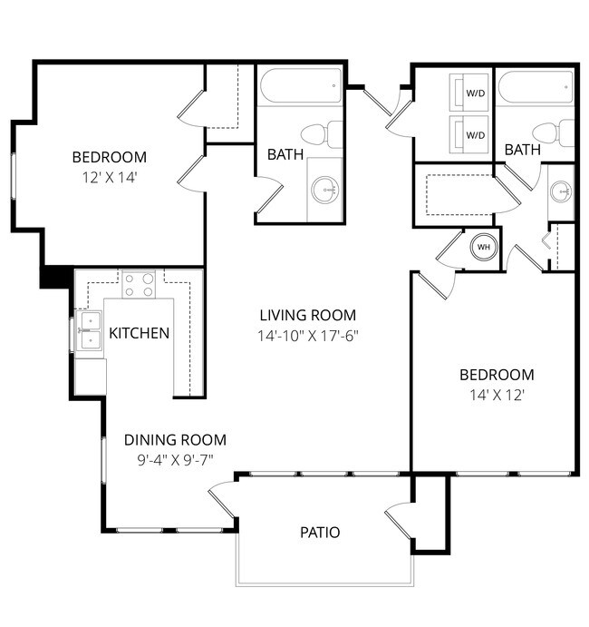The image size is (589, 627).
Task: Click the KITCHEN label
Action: pyautogui.click(x=139, y=333)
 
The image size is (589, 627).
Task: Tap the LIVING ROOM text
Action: pyautogui.click(x=307, y=316)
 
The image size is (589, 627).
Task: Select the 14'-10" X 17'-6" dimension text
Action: pyautogui.click(x=307, y=335)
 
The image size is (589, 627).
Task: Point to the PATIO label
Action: pyautogui.click(x=320, y=533)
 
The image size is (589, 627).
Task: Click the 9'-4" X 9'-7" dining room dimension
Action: pyautogui.click(x=175, y=459)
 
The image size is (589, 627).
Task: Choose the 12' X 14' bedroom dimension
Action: pyautogui.click(x=109, y=177)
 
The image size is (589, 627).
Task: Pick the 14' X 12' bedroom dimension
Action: pyautogui.click(x=496, y=395)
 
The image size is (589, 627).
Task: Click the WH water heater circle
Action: pyautogui.click(x=483, y=247)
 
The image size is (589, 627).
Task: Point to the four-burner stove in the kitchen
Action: pyautogui.click(x=140, y=286)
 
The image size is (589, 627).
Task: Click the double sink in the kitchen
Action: pyautogui.click(x=89, y=330)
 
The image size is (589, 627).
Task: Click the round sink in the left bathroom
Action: pyautogui.click(x=324, y=190)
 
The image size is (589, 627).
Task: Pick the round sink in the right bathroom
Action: pyautogui.click(x=561, y=191)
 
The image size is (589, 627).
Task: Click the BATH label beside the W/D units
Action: pyautogui.click(x=522, y=150)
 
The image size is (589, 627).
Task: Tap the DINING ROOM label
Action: pyautogui.click(x=175, y=440)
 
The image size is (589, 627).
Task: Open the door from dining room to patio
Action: pyautogui.click(x=221, y=499)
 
